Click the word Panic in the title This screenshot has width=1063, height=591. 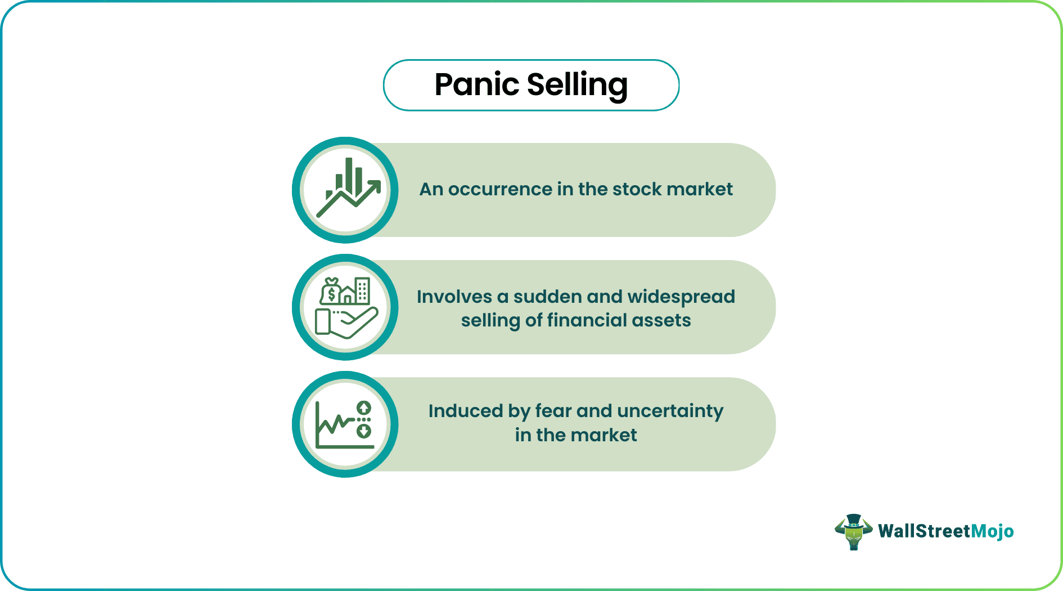[x=476, y=85]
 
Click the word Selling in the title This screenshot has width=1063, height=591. [x=577, y=85]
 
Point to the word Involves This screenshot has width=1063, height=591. [x=454, y=297]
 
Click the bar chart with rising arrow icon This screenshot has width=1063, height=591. [x=345, y=190]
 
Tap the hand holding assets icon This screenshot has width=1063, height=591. [x=345, y=307]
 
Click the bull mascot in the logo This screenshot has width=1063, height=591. [x=853, y=532]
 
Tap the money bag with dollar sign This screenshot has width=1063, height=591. [x=331, y=291]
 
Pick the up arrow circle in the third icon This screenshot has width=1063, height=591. [x=364, y=408]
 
